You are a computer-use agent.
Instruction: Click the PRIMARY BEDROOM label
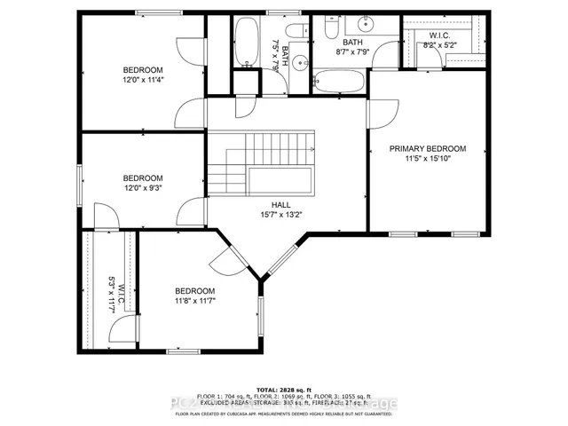tap(428, 149)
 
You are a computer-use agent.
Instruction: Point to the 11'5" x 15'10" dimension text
tap(428, 161)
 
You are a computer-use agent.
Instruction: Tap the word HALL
tap(281, 204)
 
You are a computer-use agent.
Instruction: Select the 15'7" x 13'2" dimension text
tap(281, 215)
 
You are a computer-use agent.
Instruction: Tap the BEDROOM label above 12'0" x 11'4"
tap(143, 69)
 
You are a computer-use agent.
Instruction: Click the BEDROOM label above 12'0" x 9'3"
tap(143, 177)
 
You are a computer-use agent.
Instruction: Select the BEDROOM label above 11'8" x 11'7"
tap(194, 291)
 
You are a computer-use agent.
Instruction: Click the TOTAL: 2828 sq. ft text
tap(284, 389)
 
